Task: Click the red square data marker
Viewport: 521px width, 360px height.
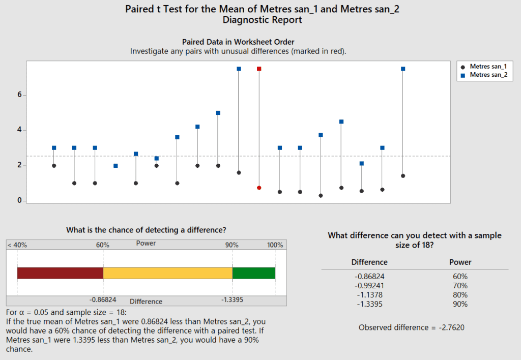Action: [x=259, y=69]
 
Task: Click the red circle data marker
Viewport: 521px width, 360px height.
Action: [x=259, y=188]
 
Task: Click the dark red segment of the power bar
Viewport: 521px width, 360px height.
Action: [x=60, y=273]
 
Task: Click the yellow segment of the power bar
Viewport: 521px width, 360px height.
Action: [x=167, y=273]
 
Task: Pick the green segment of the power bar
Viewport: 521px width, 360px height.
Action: [x=253, y=273]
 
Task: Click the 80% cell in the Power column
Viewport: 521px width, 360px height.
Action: [x=460, y=295]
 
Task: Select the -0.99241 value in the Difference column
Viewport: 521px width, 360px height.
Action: [x=369, y=286]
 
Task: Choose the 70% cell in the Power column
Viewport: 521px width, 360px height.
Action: [x=460, y=286]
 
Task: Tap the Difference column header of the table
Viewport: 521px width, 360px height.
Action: [x=369, y=262]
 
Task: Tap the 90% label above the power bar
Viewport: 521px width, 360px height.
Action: [x=232, y=245]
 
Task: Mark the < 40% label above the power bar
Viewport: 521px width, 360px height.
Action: [x=17, y=245]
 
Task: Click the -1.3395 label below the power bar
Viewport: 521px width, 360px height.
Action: [x=233, y=300]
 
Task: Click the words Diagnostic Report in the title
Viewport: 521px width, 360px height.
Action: [x=262, y=20]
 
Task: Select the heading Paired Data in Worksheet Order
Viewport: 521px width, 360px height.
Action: [x=238, y=42]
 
